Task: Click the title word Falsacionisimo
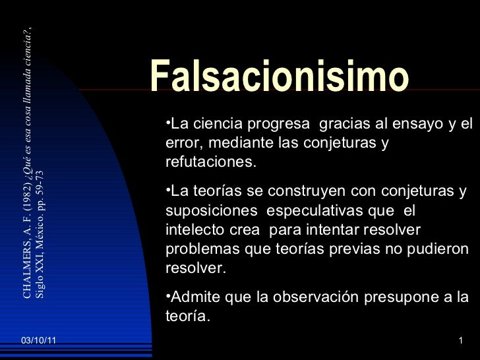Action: tap(280, 78)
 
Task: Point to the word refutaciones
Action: tap(210, 162)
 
